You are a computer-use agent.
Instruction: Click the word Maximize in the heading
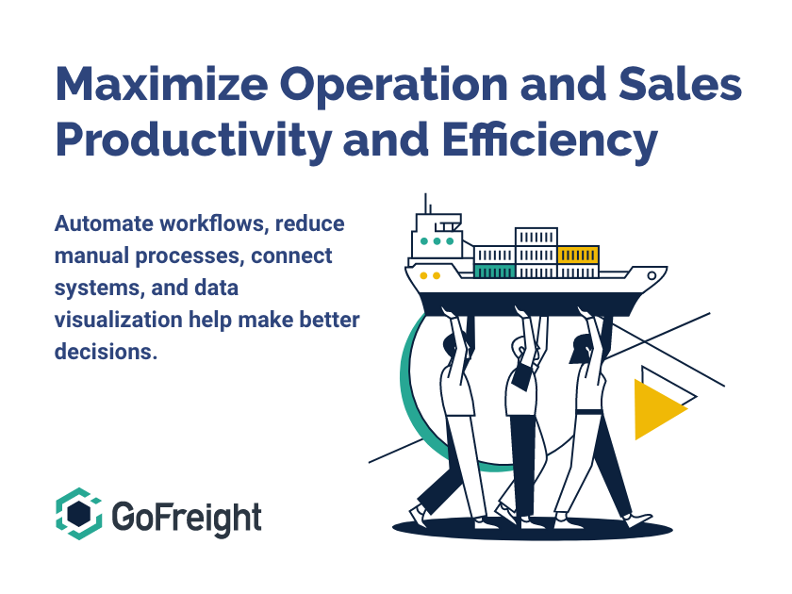tap(161, 83)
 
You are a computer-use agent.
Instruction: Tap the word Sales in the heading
tap(680, 83)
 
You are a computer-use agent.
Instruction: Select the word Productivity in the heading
tap(193, 140)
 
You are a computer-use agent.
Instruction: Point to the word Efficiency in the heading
tap(550, 140)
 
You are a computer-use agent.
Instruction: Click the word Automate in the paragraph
tap(104, 223)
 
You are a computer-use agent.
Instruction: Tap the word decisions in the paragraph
tap(106, 352)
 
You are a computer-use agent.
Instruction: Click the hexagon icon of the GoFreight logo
tap(79, 514)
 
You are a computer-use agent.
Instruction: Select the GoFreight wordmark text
tap(187, 519)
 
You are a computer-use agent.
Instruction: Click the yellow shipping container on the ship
tap(578, 256)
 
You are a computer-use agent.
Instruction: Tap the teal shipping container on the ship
tap(494, 272)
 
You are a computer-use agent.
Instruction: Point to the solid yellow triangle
tap(659, 409)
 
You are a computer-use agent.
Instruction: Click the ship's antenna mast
tap(425, 204)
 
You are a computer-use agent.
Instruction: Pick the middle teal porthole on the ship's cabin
tap(437, 241)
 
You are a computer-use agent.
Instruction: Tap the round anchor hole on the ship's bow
tap(652, 275)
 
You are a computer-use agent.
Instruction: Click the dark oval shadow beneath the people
tap(533, 529)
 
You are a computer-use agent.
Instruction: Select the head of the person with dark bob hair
tap(581, 349)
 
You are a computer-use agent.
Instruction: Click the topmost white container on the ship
tap(536, 237)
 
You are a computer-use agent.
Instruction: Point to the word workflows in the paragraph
tap(214, 223)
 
